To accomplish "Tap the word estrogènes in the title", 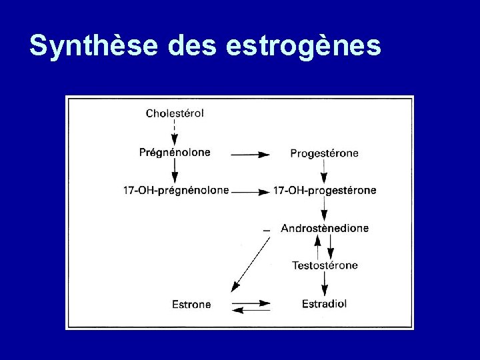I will pyautogui.click(x=304, y=45).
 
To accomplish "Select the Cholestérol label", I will pyautogui.click(x=175, y=113).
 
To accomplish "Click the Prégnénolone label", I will pyautogui.click(x=175, y=152).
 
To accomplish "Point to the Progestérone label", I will pyautogui.click(x=324, y=153).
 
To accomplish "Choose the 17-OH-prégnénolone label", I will pyautogui.click(x=176, y=190).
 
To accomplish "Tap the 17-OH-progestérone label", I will pyautogui.click(x=325, y=190).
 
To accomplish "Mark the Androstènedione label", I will pyautogui.click(x=325, y=228).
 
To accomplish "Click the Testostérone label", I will pyautogui.click(x=325, y=265).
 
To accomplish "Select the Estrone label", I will pyautogui.click(x=191, y=305).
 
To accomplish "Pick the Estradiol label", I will pyautogui.click(x=324, y=304).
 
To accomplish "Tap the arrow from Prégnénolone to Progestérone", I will pyautogui.click(x=250, y=154).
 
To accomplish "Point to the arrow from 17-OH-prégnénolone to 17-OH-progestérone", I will pyautogui.click(x=251, y=192).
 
